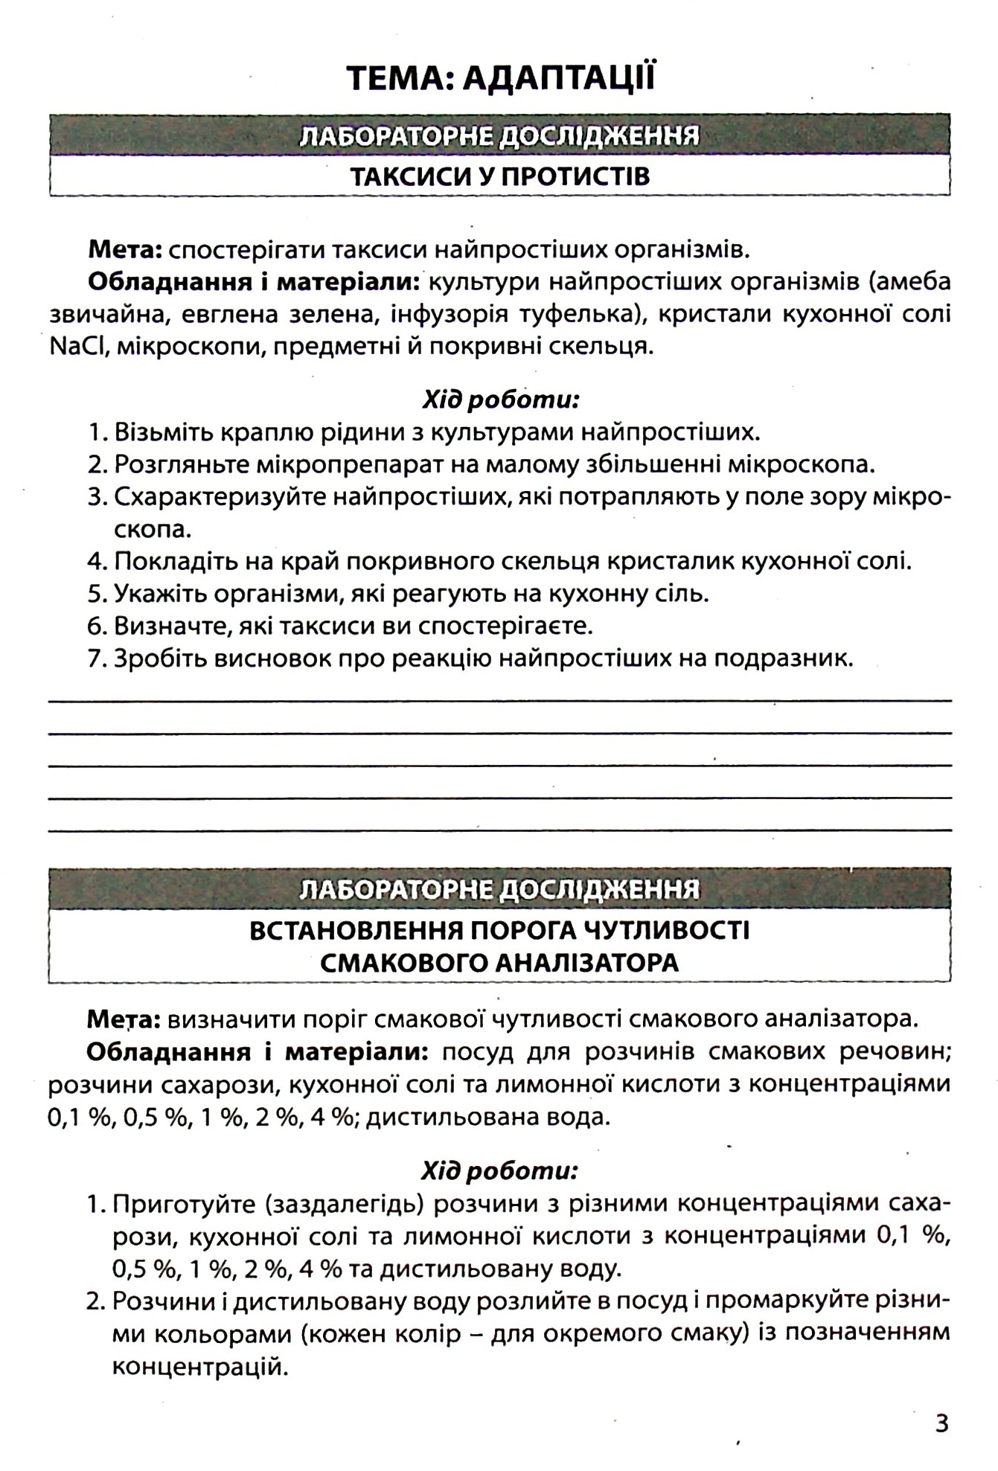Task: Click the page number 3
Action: pyautogui.click(x=942, y=1424)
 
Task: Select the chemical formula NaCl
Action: pyautogui.click(x=78, y=347)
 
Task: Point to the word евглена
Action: pyautogui.click(x=223, y=315)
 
